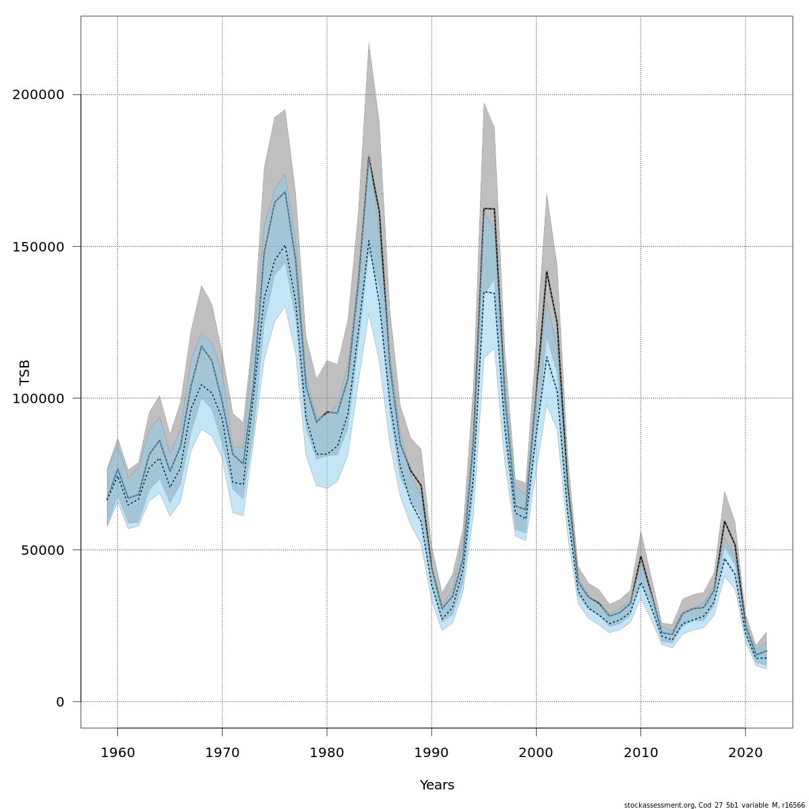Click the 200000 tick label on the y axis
[x=44, y=94]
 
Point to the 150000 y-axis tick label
[x=44, y=246]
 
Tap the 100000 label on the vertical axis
[x=44, y=398]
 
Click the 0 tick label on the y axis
[x=60, y=701]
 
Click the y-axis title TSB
[x=26, y=372]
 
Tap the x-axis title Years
[x=437, y=785]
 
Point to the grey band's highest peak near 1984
[x=369, y=42]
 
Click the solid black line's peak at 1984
[x=369, y=156]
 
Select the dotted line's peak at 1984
[x=369, y=241]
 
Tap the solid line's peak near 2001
[x=547, y=271]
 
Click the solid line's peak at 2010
[x=640, y=556]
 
